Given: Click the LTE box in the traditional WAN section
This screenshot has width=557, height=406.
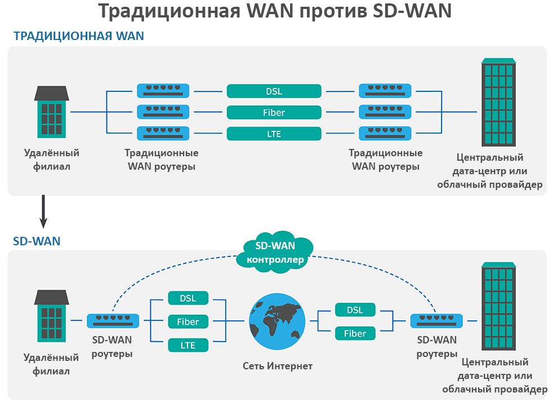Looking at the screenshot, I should (x=274, y=134).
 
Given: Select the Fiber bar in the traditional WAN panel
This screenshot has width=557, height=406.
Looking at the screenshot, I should (x=274, y=112).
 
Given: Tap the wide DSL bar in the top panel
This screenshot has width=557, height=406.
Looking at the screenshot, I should (x=274, y=91).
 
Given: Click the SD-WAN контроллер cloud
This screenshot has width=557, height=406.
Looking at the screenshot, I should (x=275, y=252).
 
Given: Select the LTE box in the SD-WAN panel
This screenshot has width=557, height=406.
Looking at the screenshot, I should (x=188, y=345).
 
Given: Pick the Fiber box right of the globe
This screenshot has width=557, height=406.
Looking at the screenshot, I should (x=355, y=333).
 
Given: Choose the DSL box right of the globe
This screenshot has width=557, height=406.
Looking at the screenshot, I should (x=355, y=310).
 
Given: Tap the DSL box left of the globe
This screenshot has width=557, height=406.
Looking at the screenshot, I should (x=188, y=298).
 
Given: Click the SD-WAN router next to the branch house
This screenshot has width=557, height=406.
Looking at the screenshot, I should (x=113, y=321).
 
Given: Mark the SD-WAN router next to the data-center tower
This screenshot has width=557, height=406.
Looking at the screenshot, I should (x=437, y=321).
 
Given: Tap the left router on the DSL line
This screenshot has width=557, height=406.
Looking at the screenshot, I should (x=163, y=91).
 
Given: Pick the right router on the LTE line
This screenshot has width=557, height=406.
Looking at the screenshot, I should (x=385, y=134).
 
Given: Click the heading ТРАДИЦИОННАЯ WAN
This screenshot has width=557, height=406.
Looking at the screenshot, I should (x=78, y=36).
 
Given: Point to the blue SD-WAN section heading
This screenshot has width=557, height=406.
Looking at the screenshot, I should (x=37, y=241).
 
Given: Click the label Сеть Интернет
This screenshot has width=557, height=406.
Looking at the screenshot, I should (x=277, y=366).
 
